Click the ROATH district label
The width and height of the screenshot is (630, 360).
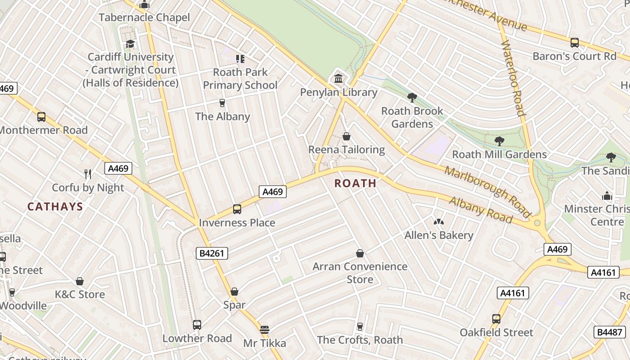tap(355, 183)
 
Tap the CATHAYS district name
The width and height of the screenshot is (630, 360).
tap(55, 207)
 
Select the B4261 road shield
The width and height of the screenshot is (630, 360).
tap(212, 253)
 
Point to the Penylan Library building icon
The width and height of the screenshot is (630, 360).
tap(338, 79)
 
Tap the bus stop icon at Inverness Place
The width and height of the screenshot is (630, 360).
tap(237, 209)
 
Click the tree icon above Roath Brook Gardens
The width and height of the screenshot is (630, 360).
tap(412, 97)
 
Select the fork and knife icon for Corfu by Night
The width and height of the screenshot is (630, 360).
tap(88, 174)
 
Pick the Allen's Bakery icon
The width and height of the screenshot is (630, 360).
tap(438, 221)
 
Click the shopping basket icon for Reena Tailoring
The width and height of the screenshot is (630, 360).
tap(346, 136)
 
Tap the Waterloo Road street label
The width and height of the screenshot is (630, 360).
tap(513, 78)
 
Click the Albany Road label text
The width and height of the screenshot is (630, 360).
tap(481, 210)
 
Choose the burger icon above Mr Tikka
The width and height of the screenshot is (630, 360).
tap(265, 330)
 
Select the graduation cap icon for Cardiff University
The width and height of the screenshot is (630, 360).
tap(130, 44)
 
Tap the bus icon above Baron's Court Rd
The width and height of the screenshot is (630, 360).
tap(574, 43)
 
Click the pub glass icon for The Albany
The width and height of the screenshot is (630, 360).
tap(222, 103)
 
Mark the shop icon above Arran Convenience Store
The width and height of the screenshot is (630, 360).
tap(360, 253)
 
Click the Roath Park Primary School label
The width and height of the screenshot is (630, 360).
tap(240, 78)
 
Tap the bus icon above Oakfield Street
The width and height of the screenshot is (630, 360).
tap(496, 319)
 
